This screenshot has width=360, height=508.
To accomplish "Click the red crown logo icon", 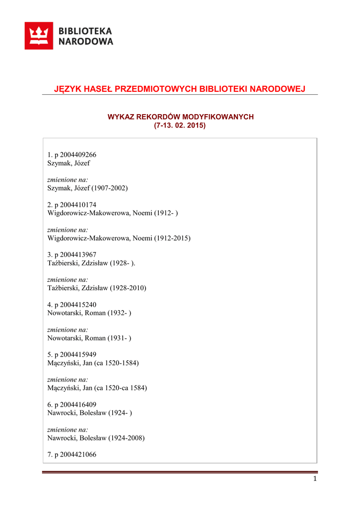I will tap(39, 36).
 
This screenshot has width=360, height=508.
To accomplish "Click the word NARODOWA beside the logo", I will tap(86, 42).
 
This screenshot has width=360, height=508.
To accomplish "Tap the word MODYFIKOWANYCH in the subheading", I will tap(218, 117).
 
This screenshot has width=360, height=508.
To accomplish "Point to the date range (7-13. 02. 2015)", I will tap(180, 126).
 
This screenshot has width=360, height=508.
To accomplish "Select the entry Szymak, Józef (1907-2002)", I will tap(87, 188).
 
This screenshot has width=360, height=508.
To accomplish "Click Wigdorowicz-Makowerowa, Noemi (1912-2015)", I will tap(119, 238).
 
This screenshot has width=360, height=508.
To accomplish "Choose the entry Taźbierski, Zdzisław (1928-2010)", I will tap(96, 288).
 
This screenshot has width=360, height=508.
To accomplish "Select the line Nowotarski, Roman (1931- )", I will tap(89, 338).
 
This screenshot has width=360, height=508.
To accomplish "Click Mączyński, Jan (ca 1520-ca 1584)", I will tap(97, 388).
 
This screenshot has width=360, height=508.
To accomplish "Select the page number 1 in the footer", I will tap(315, 479).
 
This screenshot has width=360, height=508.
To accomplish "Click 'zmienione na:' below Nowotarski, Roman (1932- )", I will tap(68, 329).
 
